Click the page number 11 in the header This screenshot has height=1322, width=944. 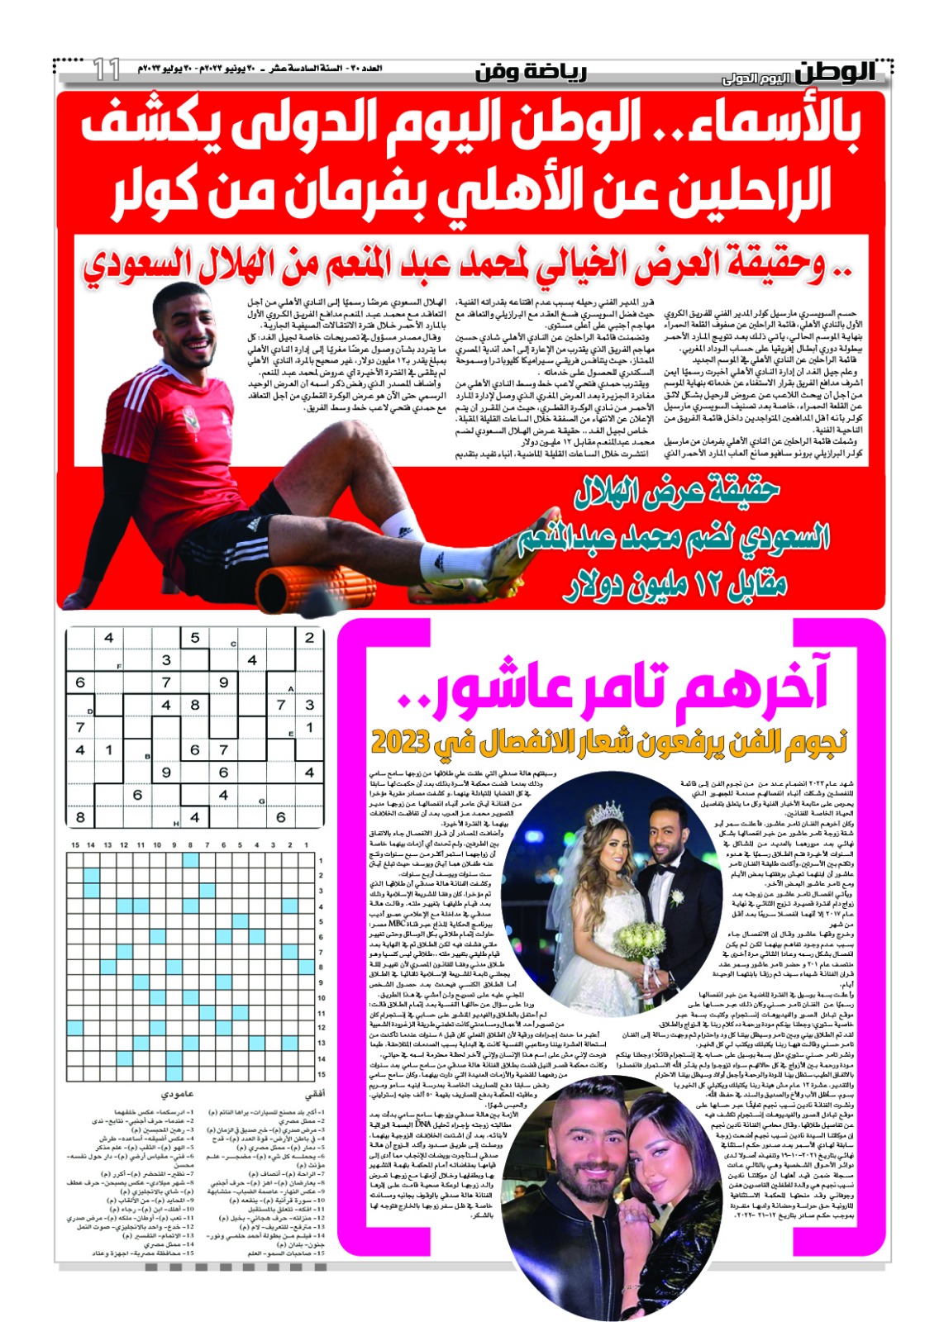(x=107, y=69)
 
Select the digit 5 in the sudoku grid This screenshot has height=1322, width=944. (x=195, y=638)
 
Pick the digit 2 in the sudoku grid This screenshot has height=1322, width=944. (x=309, y=638)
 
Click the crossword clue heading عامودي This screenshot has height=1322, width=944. (x=177, y=1094)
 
